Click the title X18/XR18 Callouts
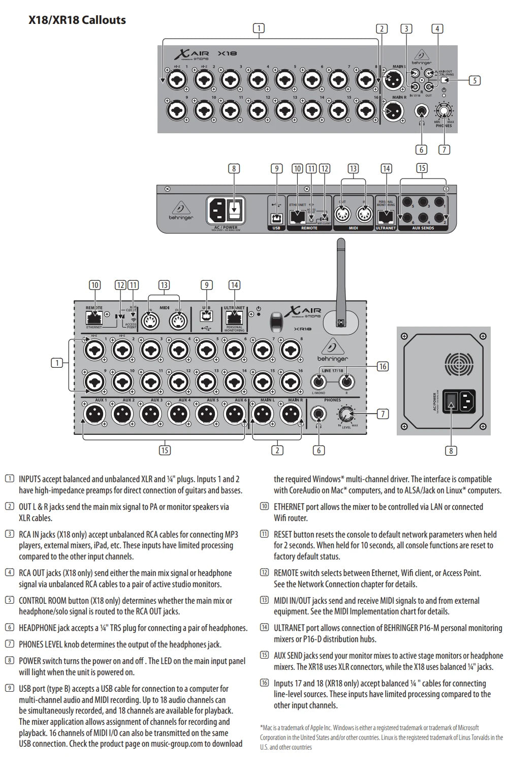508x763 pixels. (77, 20)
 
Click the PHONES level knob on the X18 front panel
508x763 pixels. (444, 111)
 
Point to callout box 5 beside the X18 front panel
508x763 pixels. (474, 80)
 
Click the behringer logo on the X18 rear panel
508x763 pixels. (181, 211)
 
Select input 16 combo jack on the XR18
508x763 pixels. (291, 382)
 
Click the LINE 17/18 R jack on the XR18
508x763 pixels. (346, 382)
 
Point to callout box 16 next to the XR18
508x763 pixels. (383, 366)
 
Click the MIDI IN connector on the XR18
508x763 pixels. (150, 321)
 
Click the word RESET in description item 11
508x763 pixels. (283, 535)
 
